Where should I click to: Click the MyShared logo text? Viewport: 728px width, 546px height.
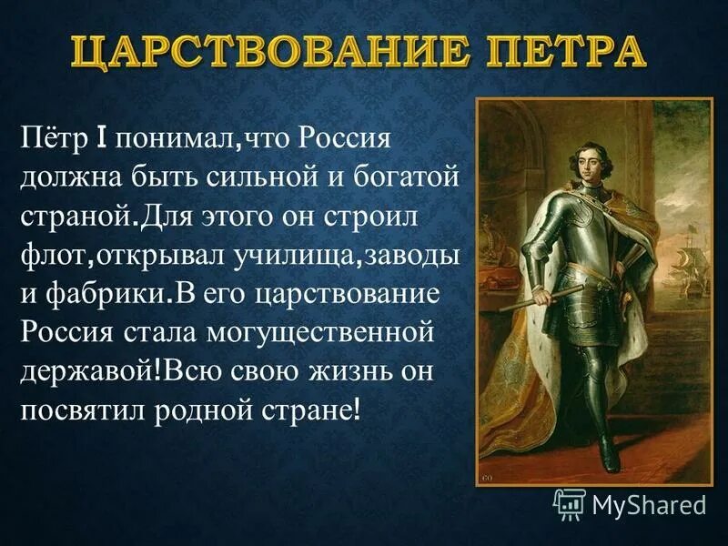tap(648, 502)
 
